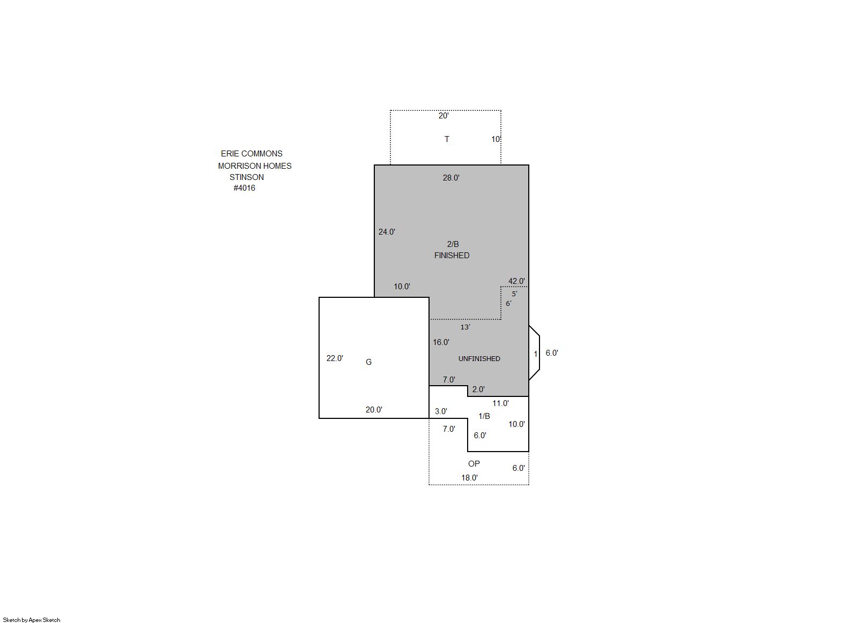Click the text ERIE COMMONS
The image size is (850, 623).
point(252,154)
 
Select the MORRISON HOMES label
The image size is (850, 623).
point(255,166)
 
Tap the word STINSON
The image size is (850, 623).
point(247,177)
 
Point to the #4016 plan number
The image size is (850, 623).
point(245,188)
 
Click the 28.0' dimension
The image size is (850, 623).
point(451,178)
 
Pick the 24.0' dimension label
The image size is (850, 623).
point(387,232)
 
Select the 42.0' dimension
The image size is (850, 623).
point(516,281)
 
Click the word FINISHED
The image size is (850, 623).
point(452,256)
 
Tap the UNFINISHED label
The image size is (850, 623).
point(479,359)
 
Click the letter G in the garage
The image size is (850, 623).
point(368,362)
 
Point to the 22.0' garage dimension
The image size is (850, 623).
point(335,358)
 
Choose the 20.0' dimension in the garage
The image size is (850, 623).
point(374,410)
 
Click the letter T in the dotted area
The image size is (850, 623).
point(447,139)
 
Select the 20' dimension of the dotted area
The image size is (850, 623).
point(444,116)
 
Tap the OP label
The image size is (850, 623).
point(474,464)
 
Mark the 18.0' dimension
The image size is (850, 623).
point(469,478)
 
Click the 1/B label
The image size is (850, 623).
point(484,416)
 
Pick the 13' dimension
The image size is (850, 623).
point(465,327)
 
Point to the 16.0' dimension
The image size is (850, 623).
point(441,342)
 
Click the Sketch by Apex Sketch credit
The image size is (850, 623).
point(32,620)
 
